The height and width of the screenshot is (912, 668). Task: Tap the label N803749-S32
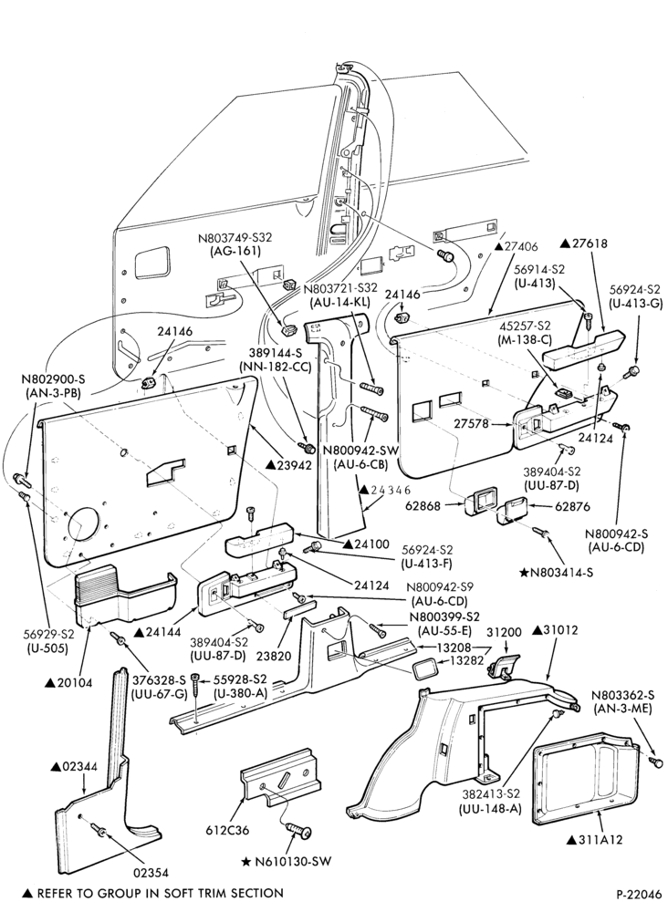235,238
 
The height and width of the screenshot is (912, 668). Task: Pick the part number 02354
151,872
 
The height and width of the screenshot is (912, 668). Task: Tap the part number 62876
572,506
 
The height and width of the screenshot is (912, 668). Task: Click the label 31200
504,632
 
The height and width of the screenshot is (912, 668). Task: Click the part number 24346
385,490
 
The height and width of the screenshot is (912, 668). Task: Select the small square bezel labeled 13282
423,668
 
